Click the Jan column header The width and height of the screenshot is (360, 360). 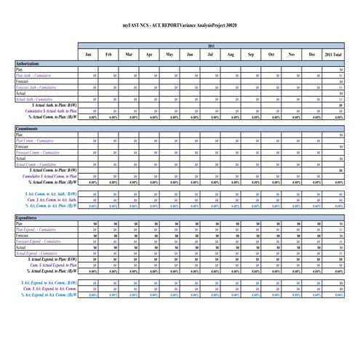pos(88,55)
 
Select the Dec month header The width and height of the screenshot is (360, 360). pos(312,55)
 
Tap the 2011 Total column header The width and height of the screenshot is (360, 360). pos(335,55)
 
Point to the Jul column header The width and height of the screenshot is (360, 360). pos(210,55)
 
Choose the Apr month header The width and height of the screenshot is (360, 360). pos(149,55)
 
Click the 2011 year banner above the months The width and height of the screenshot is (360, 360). pos(211,44)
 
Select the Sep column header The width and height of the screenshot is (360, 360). pos(251,55)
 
